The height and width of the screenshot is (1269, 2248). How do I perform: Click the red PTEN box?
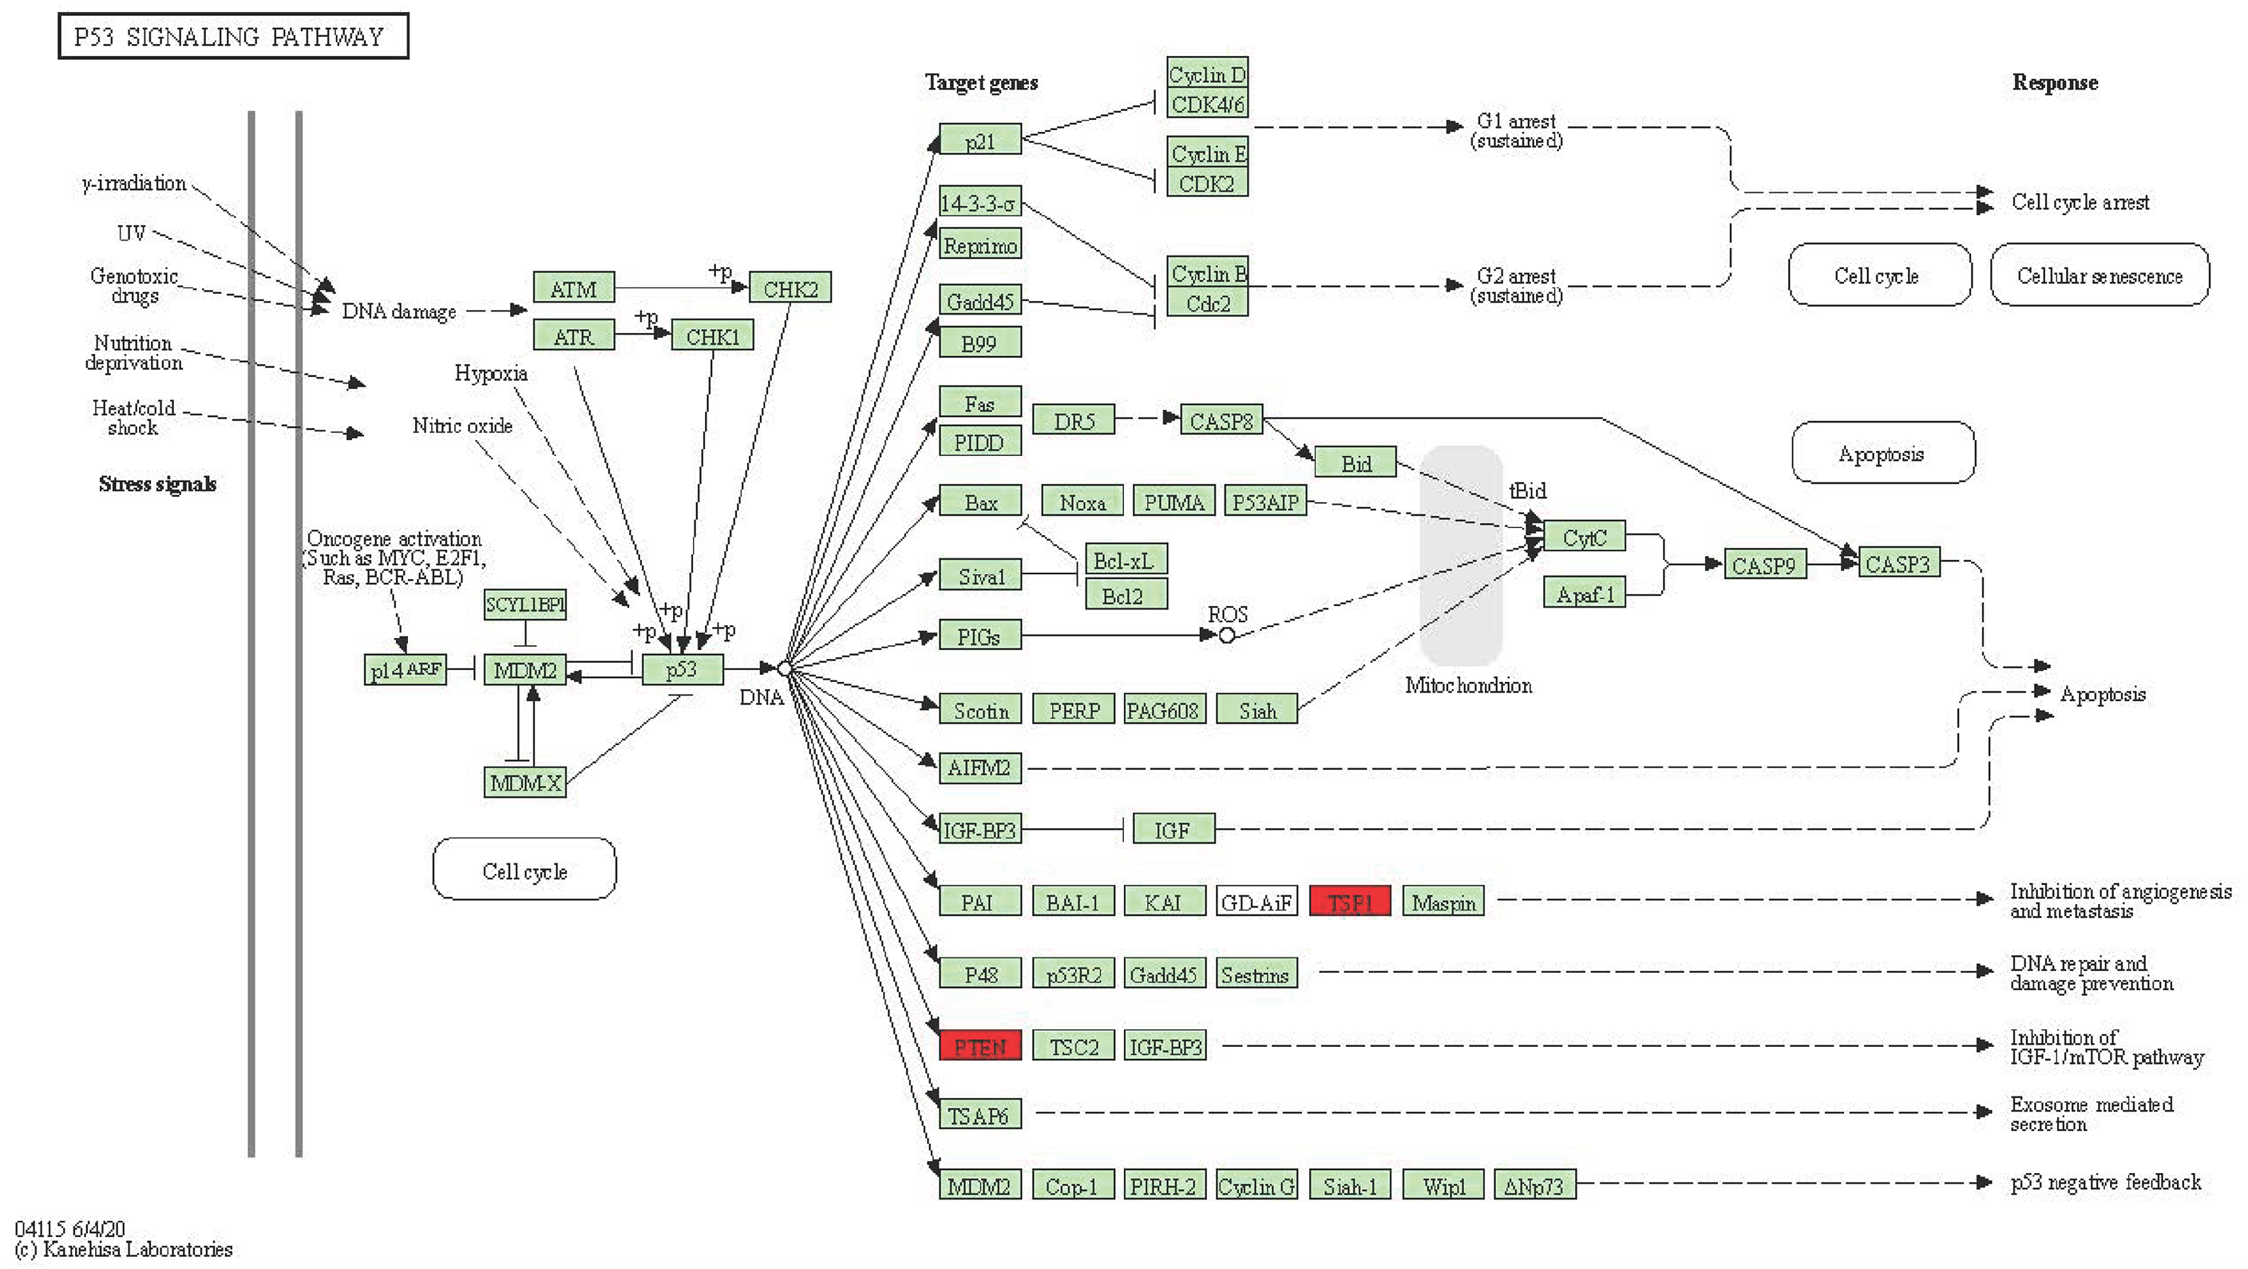click(980, 1045)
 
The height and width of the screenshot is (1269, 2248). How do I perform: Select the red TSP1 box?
click(1350, 901)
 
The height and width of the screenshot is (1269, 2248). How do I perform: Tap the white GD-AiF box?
click(1257, 901)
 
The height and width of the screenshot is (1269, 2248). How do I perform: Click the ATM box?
click(573, 288)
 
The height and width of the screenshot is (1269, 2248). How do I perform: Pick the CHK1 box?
click(712, 335)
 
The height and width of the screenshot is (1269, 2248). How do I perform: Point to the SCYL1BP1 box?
click(524, 604)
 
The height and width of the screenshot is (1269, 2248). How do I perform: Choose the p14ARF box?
click(406, 669)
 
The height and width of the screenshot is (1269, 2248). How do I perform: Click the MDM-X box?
click(524, 782)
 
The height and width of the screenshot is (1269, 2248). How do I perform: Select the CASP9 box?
click(1764, 565)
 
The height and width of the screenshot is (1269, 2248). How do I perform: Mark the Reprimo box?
click(980, 244)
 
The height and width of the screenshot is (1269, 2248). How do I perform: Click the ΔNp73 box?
click(1535, 1184)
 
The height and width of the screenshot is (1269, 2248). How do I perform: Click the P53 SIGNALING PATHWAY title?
click(233, 36)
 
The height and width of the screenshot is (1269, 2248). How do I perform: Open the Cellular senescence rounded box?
click(2100, 275)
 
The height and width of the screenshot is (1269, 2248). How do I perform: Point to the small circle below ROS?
click(1226, 636)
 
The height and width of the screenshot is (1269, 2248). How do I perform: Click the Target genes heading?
click(981, 83)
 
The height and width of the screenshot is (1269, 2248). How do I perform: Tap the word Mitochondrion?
click(1468, 685)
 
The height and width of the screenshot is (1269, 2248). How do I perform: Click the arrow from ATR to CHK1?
click(643, 333)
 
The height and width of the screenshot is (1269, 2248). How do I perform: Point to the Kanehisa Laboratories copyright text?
click(124, 1249)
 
